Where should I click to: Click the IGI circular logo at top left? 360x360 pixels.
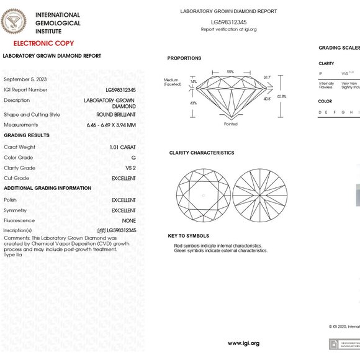point(14,22)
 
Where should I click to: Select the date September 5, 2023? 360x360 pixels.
point(25,79)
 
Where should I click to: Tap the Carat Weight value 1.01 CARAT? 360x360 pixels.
point(122,147)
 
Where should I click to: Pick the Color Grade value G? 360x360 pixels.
point(133,158)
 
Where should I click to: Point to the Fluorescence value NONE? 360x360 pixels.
point(128,220)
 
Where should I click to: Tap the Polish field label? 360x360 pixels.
point(11,200)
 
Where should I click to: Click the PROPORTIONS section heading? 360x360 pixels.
point(184,58)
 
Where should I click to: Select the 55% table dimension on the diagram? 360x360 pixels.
point(230,72)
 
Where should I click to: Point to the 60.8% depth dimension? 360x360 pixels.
point(282,96)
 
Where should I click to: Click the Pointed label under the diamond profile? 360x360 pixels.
point(231,124)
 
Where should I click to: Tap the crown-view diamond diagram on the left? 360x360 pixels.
point(202,196)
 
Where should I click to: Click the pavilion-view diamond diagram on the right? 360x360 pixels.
point(260,196)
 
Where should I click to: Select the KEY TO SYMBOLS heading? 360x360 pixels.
point(189,236)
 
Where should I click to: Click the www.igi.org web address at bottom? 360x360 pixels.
point(243,343)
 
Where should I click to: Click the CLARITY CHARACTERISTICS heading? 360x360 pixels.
point(202,153)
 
